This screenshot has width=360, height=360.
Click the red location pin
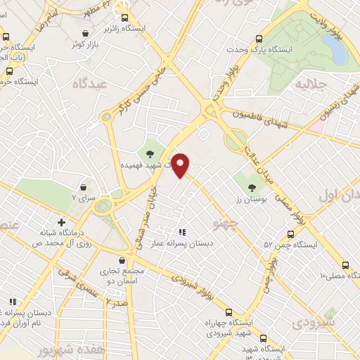click(181, 165)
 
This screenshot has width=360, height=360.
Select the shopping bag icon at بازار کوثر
click(85, 33)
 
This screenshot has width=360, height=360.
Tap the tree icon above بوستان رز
click(252, 186)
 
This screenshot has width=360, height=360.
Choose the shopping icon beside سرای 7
click(84, 188)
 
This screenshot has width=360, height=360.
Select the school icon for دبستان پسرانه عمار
click(182, 231)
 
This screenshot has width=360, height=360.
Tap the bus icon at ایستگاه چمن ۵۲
click(290, 234)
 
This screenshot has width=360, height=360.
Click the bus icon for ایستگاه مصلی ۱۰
click(345, 265)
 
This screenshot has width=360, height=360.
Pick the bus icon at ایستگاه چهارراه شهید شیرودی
click(229, 311)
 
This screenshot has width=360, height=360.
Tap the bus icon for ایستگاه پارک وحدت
click(259, 39)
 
